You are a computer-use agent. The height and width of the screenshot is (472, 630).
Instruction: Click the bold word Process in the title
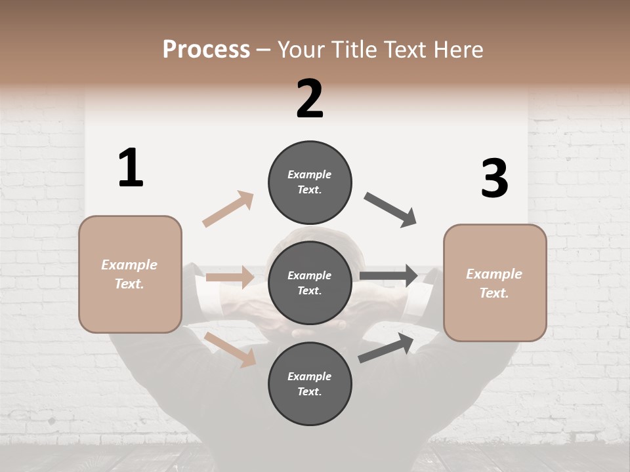coord(206,50)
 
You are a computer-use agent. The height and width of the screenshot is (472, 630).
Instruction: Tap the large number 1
coord(131,168)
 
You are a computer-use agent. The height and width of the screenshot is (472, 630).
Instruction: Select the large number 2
coord(310,99)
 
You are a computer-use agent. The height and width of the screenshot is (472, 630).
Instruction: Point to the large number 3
coord(494,178)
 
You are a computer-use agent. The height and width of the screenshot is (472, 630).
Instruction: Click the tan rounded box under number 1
coord(130,274)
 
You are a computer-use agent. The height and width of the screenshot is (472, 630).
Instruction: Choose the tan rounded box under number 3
coord(495,283)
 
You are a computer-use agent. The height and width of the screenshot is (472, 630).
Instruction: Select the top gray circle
coord(310,182)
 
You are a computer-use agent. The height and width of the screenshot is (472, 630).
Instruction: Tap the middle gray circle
coord(310,283)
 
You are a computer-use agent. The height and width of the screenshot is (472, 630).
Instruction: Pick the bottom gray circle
coord(310,383)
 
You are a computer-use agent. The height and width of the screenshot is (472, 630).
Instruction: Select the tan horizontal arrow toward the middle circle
coord(230,277)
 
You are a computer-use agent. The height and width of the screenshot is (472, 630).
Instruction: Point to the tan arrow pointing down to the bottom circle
coord(230,349)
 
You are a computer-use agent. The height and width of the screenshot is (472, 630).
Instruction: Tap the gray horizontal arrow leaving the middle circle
coord(388,276)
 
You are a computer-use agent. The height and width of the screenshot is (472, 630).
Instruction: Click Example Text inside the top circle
coord(310,182)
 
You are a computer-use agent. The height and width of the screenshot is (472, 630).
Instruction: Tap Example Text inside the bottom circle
coord(310,383)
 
